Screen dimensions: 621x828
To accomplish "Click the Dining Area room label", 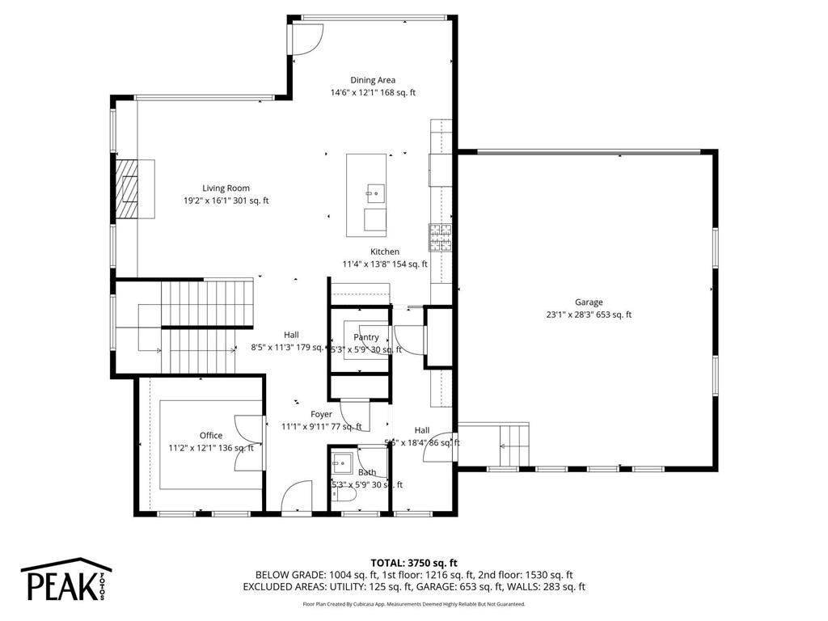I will [373, 80].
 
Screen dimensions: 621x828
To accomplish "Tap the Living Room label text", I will [226, 188].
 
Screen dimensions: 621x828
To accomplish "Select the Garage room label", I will [589, 302].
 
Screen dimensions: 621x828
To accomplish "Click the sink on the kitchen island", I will [374, 192].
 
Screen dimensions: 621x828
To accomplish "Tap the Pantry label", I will [366, 337].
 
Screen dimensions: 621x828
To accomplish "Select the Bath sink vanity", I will [340, 464].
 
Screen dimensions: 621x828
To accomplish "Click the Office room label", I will [211, 436].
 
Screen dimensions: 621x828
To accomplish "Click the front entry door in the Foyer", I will [296, 496].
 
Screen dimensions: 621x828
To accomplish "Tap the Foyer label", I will [321, 414].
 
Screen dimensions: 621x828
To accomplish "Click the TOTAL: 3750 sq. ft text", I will [414, 563].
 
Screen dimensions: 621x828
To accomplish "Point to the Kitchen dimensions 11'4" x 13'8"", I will [384, 264].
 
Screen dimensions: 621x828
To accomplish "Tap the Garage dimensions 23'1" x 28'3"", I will [589, 315].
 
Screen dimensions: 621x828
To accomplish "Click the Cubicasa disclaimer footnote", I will [414, 604].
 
